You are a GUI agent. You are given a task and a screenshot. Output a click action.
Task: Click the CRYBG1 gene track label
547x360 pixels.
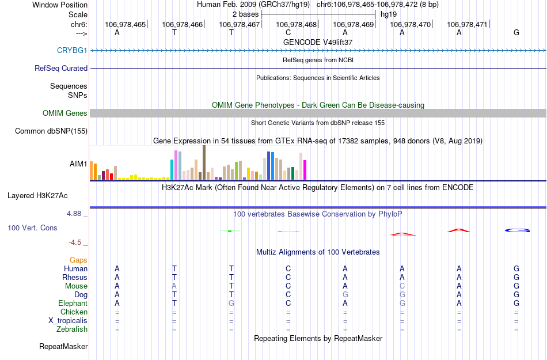(x=72, y=50)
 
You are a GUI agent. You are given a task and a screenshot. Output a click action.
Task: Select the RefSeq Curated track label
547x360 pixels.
(x=61, y=68)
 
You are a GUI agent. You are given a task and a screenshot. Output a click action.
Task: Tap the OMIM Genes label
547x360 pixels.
(x=65, y=113)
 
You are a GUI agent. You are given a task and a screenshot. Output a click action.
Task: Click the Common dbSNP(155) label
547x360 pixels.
(x=51, y=131)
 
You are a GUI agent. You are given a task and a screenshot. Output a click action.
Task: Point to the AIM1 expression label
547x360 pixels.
(x=78, y=164)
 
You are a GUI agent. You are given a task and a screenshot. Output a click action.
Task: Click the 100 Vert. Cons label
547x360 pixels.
(x=32, y=228)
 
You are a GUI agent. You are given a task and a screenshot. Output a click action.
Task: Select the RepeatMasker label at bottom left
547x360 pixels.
(x=63, y=347)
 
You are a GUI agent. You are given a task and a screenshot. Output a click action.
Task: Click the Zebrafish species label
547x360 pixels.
(x=73, y=329)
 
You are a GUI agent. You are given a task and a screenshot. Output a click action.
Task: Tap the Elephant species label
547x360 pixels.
(x=73, y=303)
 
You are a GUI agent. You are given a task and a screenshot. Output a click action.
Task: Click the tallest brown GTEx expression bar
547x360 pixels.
(x=204, y=162)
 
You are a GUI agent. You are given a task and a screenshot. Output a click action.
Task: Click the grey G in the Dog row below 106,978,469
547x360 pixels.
(x=345, y=294)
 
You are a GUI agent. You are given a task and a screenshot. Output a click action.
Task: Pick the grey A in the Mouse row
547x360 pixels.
(x=174, y=286)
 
